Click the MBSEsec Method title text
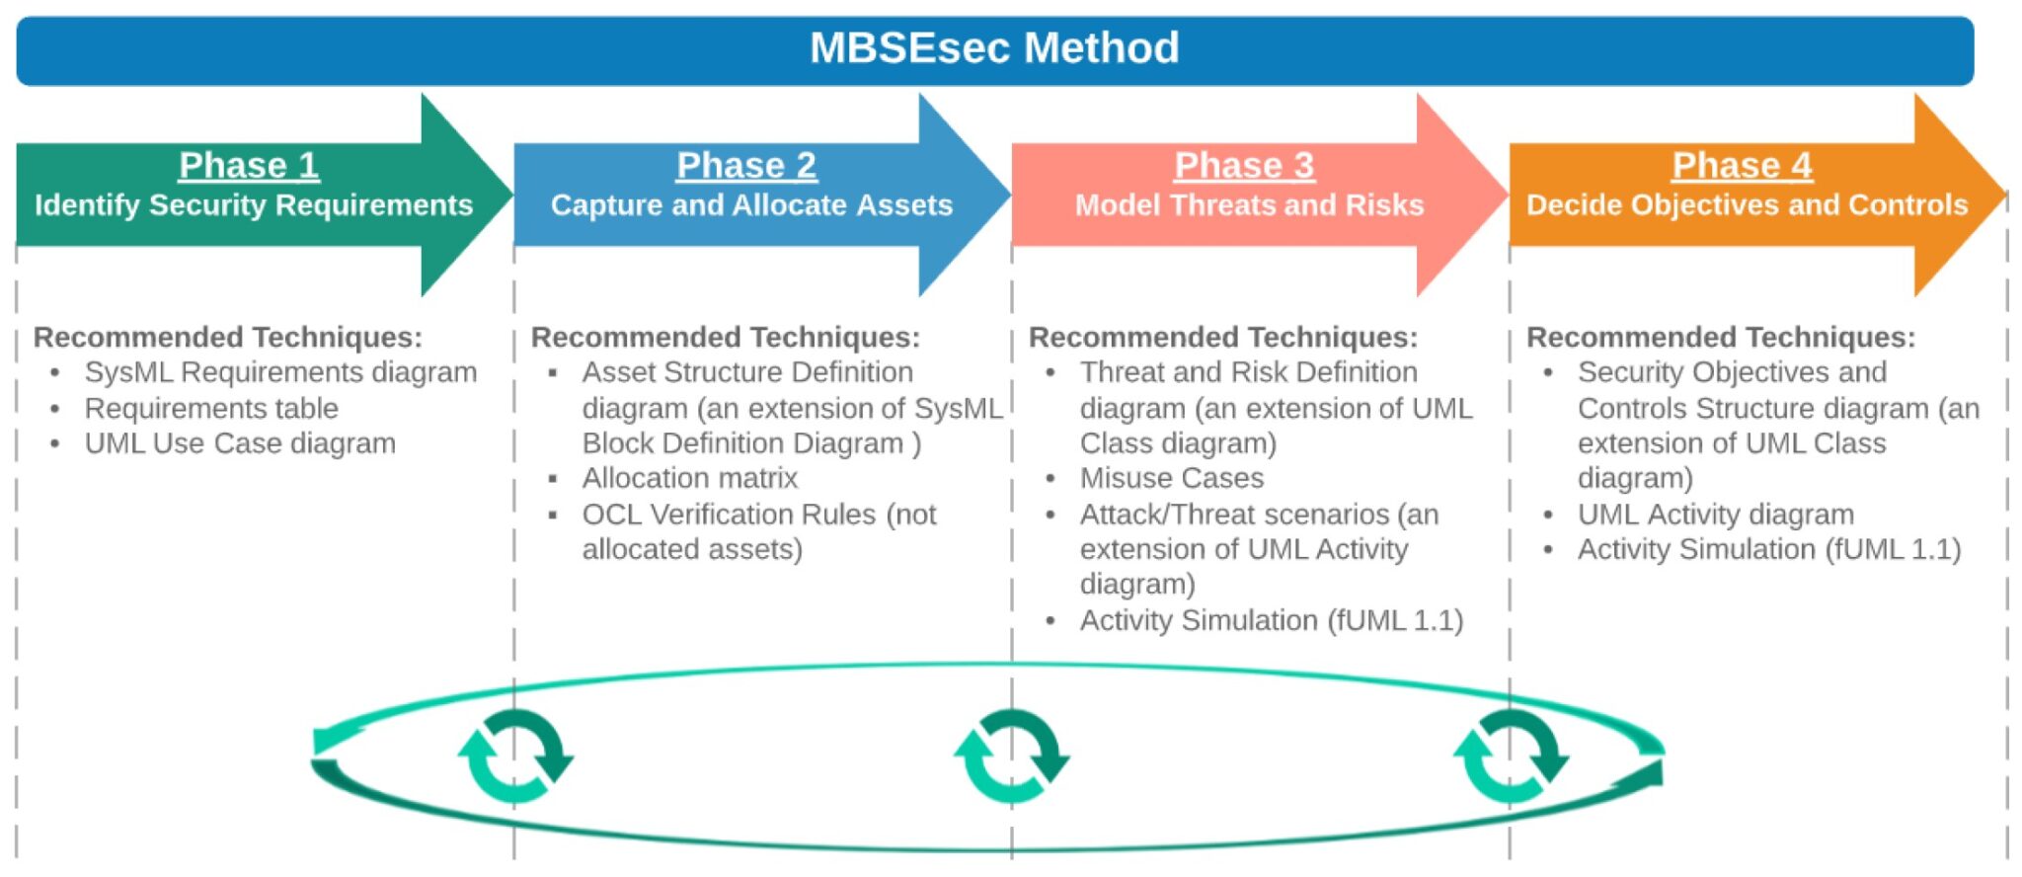pos(994,47)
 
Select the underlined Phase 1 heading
pos(249,165)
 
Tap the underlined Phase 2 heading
pos(746,165)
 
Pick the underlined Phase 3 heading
pos(1244,165)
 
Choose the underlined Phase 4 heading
pos(1742,165)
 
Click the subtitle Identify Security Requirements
pos(254,205)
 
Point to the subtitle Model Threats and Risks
pos(1249,205)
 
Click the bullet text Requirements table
pos(211,408)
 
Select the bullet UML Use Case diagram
pos(240,443)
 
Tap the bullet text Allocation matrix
pos(689,478)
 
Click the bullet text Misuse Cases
pos(1171,478)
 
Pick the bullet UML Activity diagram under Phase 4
pos(1715,515)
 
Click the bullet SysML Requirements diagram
pos(280,372)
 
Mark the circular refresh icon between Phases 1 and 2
pos(515,757)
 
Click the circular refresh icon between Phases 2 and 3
pos(1012,757)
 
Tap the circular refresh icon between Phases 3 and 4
pos(1511,757)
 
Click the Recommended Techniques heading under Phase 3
pos(1222,338)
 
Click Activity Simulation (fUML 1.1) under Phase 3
pos(1271,620)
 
